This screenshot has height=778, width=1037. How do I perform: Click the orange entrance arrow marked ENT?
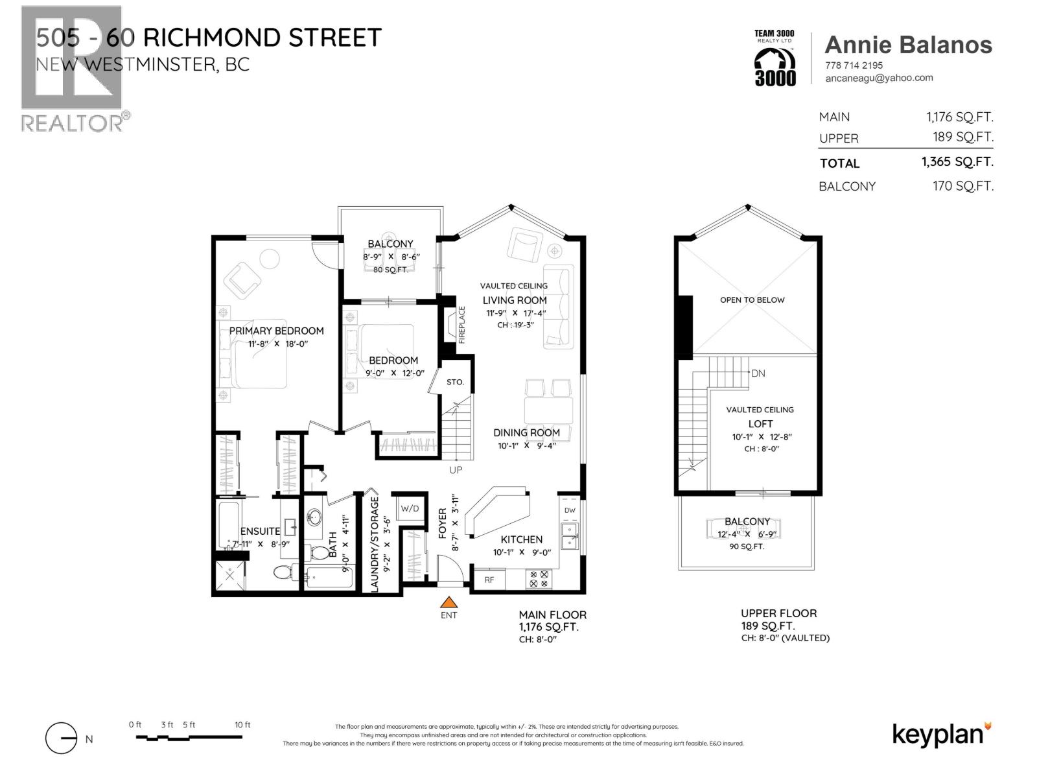point(449,602)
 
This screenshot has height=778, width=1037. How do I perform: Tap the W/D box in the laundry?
point(410,508)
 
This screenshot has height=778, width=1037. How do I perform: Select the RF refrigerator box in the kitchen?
point(489,580)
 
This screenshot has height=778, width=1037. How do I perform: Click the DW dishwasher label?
point(570,510)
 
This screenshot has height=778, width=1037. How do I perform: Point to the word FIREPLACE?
point(462,324)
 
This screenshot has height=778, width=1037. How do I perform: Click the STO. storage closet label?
point(455,382)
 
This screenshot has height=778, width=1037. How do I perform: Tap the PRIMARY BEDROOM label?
point(276,331)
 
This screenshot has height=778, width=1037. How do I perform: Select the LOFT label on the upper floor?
point(760,423)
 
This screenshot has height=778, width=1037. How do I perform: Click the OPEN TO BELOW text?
point(752,300)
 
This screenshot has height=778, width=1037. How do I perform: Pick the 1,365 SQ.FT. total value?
point(957,162)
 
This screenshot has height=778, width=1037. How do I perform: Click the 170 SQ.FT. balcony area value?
point(962,186)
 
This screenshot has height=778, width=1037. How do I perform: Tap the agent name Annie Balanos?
point(908,45)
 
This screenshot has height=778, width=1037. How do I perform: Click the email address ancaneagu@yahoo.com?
point(879,78)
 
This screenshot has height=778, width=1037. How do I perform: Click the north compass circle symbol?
point(61,738)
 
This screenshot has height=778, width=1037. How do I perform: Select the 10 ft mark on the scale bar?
point(242,725)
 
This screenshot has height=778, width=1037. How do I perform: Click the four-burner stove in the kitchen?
point(538,579)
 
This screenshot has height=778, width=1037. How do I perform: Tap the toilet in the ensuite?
point(283,572)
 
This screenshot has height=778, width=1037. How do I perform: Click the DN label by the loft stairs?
point(758,373)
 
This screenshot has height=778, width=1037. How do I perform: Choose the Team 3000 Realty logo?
point(775,58)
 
